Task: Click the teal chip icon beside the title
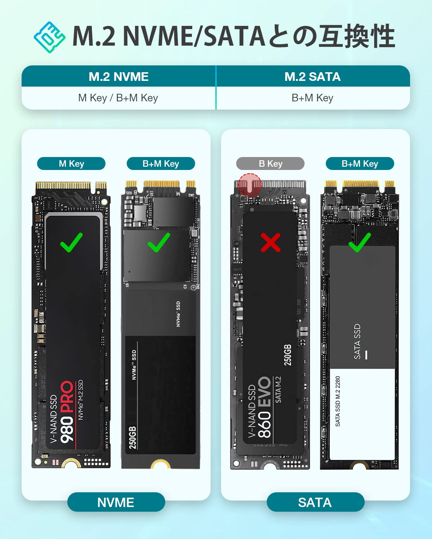[50, 37]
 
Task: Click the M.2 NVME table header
[118, 77]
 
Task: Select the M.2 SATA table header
[312, 77]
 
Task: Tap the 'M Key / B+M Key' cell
[118, 98]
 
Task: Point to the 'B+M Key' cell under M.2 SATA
[312, 98]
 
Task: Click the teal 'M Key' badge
[71, 163]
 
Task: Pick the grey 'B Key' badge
[270, 163]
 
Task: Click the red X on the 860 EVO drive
[270, 243]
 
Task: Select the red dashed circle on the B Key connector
[250, 185]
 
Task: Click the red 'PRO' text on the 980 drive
[67, 397]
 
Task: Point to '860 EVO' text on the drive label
[265, 407]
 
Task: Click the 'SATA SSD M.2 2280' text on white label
[338, 401]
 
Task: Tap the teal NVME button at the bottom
[116, 502]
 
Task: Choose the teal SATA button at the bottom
[315, 502]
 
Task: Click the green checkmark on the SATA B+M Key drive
[359, 243]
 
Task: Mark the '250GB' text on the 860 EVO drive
[288, 355]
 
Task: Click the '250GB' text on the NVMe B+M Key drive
[132, 438]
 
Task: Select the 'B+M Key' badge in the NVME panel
[161, 163]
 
